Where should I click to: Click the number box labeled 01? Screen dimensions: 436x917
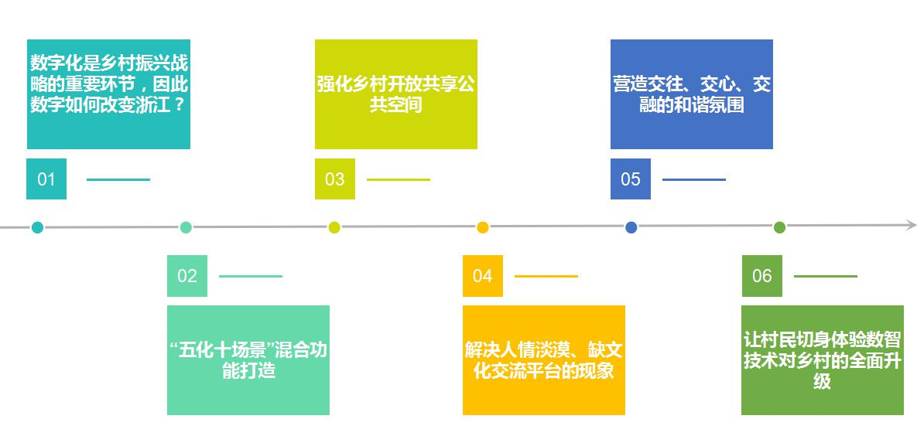46,179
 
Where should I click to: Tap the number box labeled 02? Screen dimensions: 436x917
187,276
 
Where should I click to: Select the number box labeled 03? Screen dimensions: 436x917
334,179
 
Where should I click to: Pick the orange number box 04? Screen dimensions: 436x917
482,276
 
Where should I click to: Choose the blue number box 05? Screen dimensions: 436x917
630,179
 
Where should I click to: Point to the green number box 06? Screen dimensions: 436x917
761,276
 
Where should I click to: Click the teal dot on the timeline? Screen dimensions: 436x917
37,227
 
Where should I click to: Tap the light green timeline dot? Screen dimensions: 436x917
186,227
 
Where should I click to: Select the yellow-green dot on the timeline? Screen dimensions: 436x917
334,227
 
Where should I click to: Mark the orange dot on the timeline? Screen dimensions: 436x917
483,227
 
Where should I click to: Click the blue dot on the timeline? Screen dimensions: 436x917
631,227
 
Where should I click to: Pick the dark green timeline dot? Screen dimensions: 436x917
779,227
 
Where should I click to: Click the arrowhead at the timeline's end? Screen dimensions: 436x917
911,226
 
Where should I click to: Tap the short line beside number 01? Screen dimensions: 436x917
118,179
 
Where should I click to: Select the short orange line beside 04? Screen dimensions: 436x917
546,276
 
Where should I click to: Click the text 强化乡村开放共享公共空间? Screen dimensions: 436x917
395,94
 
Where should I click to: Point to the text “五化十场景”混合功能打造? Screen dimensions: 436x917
248,360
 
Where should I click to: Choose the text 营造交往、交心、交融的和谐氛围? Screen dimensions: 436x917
692,94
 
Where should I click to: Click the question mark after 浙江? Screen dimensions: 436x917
179,104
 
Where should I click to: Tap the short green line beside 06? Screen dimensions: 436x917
825,276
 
